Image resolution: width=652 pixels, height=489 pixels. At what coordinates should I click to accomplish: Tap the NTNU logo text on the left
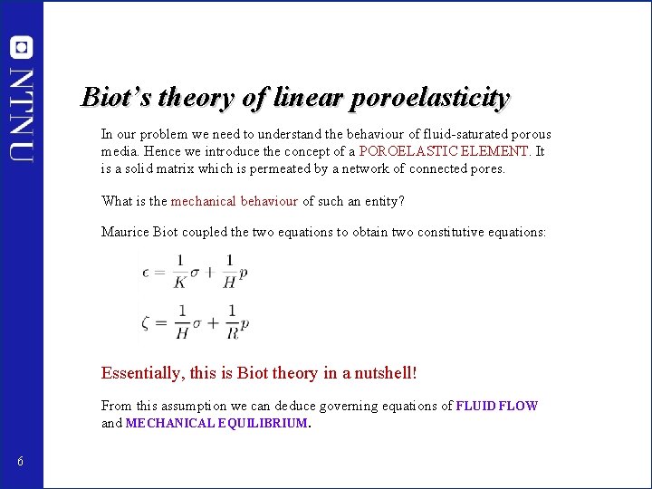(22, 114)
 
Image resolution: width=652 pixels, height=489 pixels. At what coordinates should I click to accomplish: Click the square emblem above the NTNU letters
(22, 48)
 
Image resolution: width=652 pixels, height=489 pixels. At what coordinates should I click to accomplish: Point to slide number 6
(20, 463)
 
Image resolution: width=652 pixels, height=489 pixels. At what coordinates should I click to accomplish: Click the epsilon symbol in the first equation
(146, 271)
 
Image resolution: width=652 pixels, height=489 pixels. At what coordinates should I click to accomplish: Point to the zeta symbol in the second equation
(146, 321)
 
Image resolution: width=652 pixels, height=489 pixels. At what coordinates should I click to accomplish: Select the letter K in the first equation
(179, 282)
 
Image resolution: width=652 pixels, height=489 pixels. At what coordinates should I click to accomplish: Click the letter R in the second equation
(232, 333)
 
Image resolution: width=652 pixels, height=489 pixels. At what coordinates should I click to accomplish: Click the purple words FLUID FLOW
(497, 407)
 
